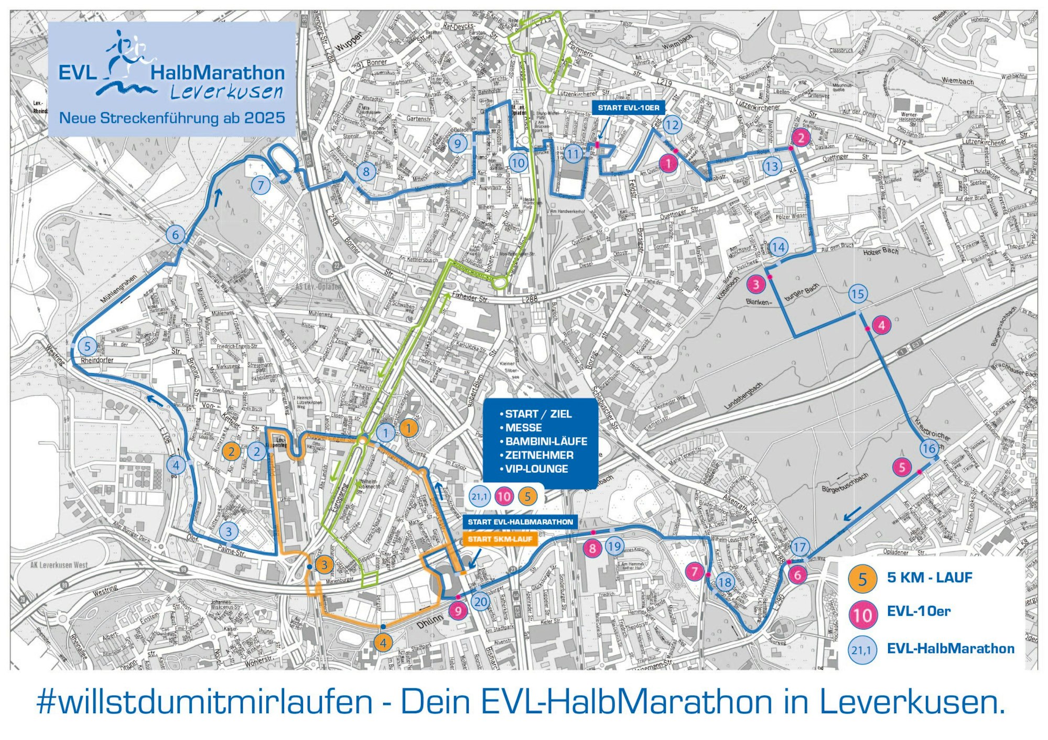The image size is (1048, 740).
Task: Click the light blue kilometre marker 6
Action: (x=176, y=235)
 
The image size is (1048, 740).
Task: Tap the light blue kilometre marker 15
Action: (x=858, y=294)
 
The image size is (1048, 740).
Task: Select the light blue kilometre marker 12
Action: (x=672, y=125)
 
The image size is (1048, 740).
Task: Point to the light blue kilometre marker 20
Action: (x=481, y=602)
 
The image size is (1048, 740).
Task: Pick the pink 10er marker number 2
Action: (x=801, y=138)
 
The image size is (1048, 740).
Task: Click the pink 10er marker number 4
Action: (x=882, y=325)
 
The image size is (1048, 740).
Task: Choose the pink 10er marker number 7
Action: (x=695, y=571)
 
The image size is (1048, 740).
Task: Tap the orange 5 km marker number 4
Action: (x=384, y=643)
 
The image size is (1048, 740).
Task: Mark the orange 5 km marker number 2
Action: (x=231, y=451)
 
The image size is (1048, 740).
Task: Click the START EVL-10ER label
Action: (x=628, y=108)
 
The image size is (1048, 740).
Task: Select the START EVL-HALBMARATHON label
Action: (x=520, y=522)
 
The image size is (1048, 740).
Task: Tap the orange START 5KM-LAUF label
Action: (x=500, y=539)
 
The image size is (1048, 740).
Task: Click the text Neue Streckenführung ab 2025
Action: (x=172, y=118)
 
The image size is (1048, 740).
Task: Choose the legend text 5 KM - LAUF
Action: (x=930, y=578)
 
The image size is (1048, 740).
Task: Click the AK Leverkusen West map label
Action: (x=59, y=565)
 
